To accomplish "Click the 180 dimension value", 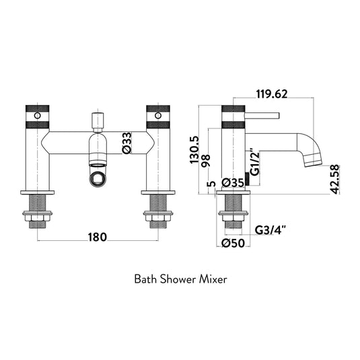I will [x=98, y=236].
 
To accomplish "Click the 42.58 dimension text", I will [x=336, y=179].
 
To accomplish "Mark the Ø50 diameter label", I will [x=233, y=243].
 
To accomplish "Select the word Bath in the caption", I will [x=145, y=277].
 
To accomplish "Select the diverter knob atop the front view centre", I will [x=97, y=122].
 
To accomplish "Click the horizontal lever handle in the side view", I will [x=262, y=114].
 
